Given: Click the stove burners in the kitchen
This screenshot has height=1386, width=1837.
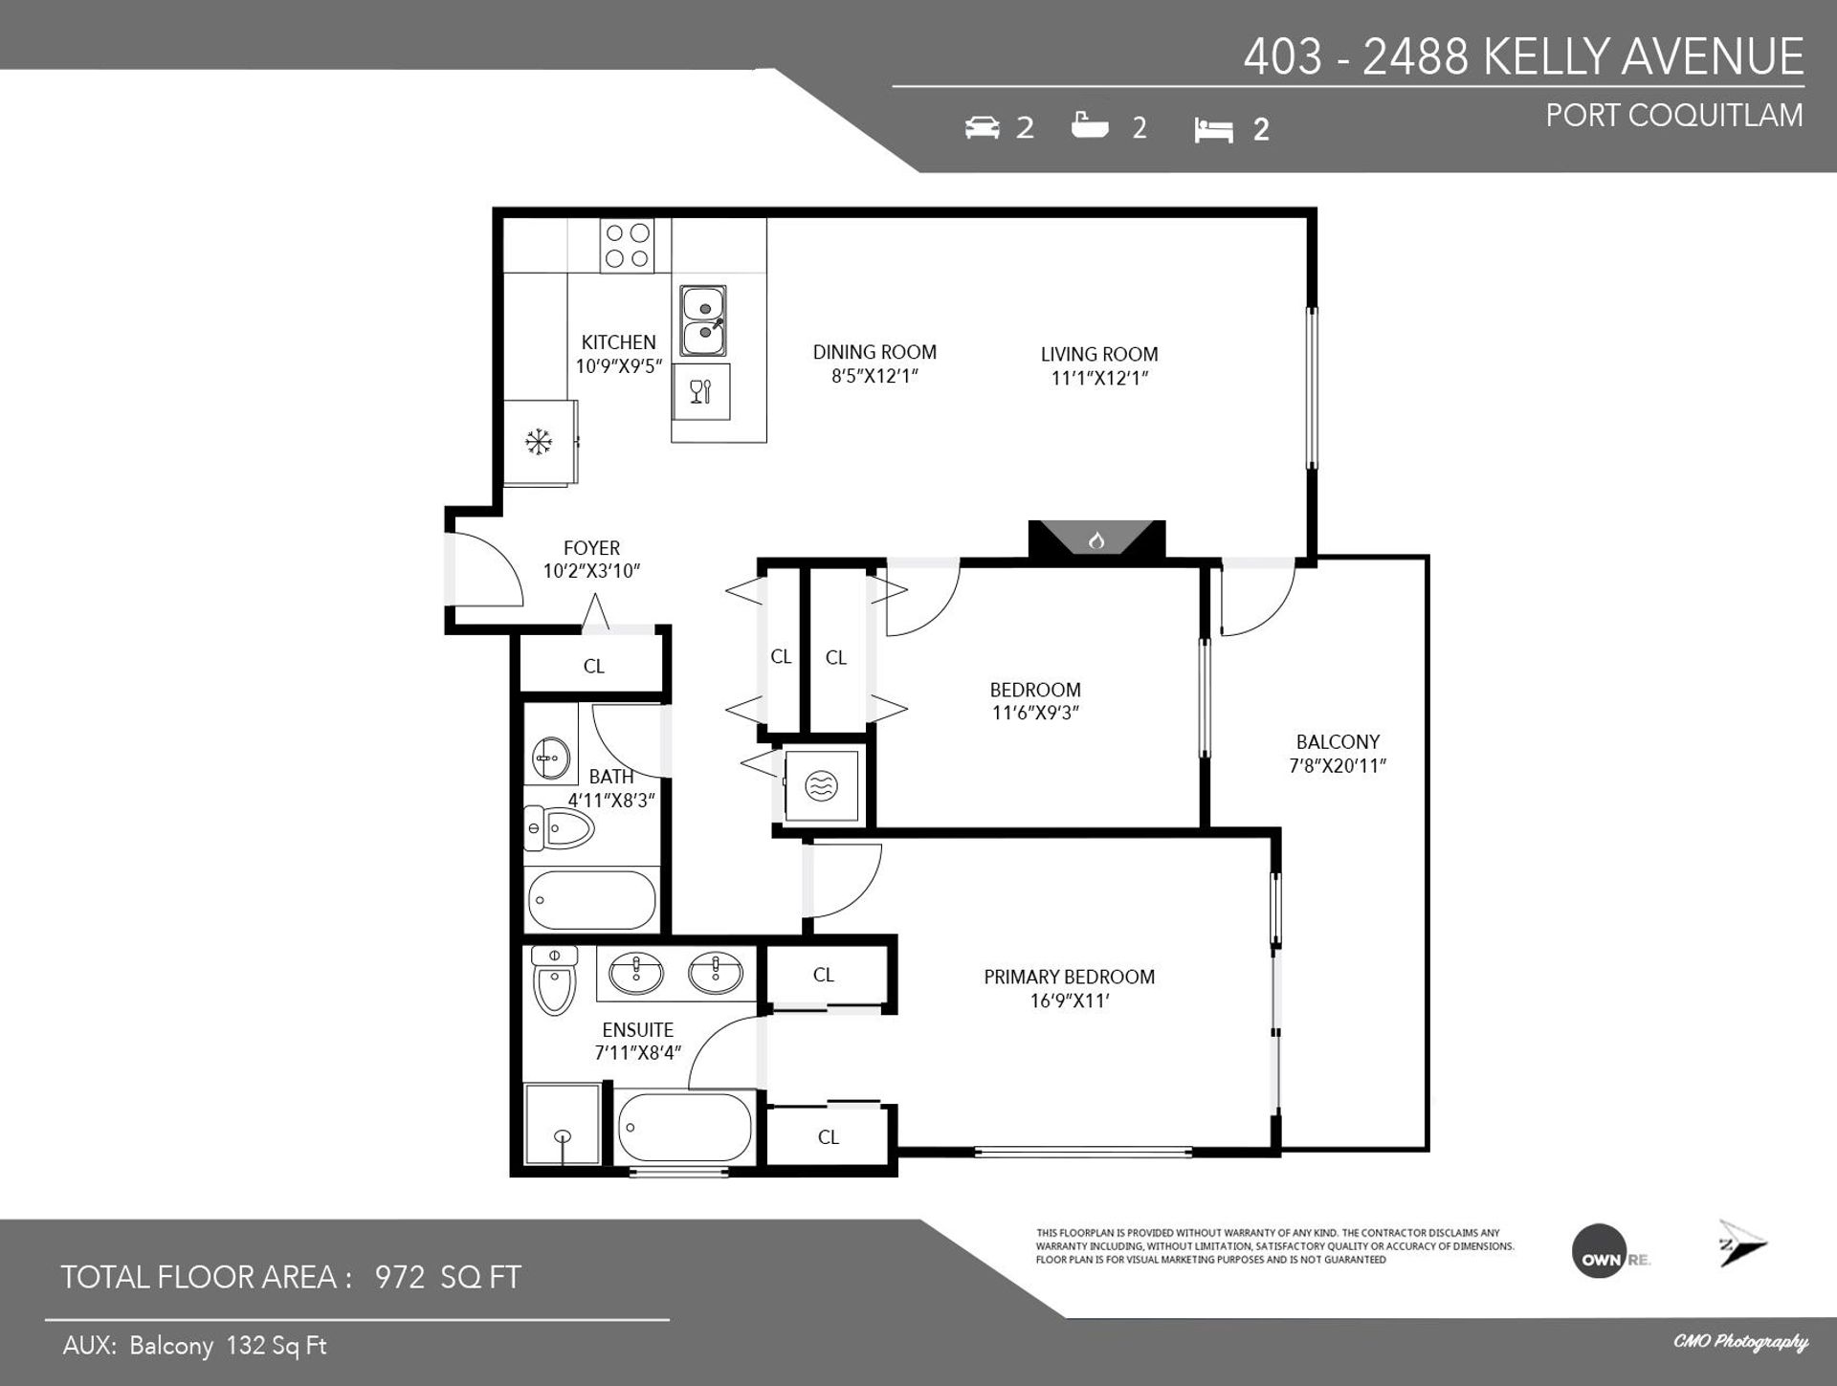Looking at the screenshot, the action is coord(628,245).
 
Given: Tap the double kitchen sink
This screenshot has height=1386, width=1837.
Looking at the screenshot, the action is coord(703,320).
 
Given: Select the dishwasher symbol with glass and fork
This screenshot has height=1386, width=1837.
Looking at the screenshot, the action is coord(701,391).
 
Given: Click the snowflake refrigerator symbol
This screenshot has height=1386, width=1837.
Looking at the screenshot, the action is coord(539,442).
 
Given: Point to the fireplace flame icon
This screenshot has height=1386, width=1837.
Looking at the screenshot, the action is coord(1096,540).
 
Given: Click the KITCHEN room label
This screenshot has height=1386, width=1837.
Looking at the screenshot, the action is coord(619,342).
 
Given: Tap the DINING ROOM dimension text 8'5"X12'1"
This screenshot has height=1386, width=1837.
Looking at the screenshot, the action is coord(874,376).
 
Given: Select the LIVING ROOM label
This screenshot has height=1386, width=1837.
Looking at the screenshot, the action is coord(1099,355).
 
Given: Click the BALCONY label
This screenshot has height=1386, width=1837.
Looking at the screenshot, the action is coord(1338,742).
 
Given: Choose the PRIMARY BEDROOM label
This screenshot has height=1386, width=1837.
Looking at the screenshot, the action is coord(1069,977).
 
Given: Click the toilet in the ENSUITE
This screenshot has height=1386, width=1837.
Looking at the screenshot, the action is coord(554,979).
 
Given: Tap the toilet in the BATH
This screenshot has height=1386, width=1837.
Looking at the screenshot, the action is coord(559,828).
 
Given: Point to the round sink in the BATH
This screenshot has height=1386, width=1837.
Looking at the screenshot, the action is coord(548,759).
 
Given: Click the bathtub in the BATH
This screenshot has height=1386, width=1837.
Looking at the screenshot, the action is coord(592,899).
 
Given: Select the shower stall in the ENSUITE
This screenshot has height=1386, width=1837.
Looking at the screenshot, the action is coord(563,1124).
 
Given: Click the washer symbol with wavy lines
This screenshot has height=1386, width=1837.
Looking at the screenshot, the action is coord(820,786).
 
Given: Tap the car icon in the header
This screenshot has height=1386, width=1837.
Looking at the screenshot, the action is coord(983,127).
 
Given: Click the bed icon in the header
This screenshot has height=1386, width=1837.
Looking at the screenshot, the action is coord(1213,130).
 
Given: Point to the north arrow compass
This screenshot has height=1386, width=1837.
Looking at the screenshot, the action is coord(1741,1243).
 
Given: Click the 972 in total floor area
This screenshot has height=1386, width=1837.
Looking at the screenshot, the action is coord(400,1277).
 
